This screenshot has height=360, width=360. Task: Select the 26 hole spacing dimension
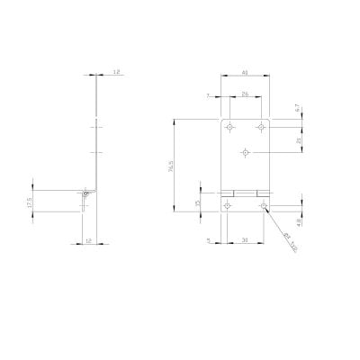point(246,94)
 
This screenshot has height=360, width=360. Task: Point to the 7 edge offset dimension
point(208,94)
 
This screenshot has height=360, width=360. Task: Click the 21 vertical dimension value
point(297,139)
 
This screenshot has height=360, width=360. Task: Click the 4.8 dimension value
point(297,220)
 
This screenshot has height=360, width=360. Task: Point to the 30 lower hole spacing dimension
point(246,239)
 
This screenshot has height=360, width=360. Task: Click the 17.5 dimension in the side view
point(30,203)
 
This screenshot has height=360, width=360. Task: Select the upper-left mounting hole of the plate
point(229,126)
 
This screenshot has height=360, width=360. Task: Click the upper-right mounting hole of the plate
point(262,126)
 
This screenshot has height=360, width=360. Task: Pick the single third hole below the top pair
point(246,153)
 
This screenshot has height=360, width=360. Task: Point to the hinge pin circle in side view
point(85,192)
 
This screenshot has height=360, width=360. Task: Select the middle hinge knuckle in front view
point(246,192)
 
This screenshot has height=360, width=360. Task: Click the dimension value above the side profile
point(117,71)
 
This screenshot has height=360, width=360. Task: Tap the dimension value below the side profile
point(88,240)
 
